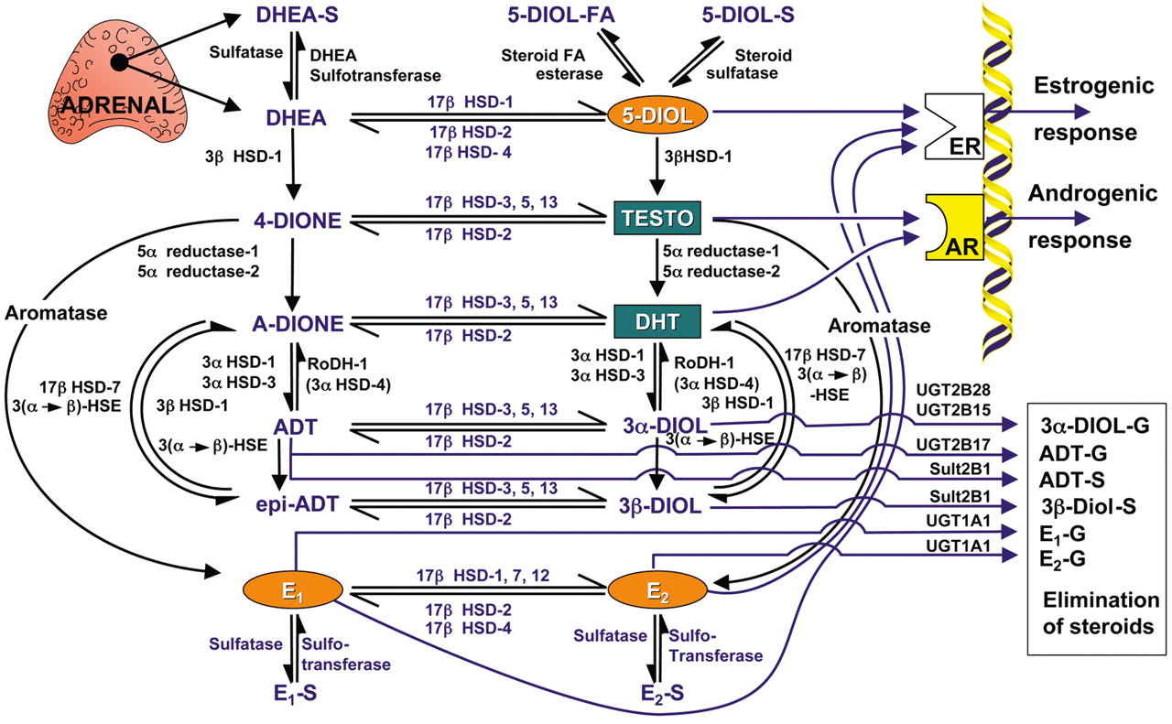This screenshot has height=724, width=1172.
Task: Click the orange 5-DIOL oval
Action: point(657,116)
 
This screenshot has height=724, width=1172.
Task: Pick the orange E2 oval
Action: point(655,589)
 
